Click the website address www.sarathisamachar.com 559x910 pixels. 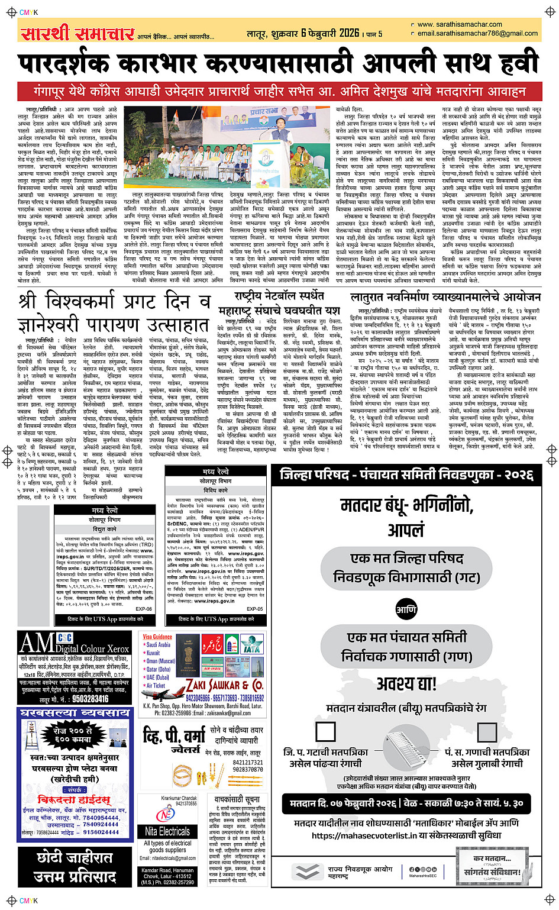click(460, 24)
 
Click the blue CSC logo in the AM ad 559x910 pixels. click(65, 638)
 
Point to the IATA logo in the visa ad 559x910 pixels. click(251, 647)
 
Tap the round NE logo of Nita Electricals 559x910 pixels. click(164, 815)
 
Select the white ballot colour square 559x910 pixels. click(325, 732)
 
